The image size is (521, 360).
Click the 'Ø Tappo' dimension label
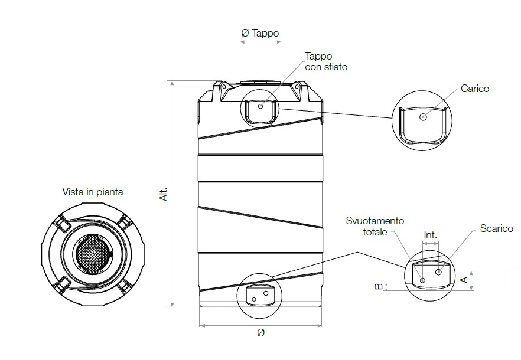(x=260, y=33)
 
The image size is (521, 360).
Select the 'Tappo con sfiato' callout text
(x=325, y=61)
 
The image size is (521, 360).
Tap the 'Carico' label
(x=475, y=89)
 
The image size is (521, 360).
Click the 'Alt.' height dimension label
(x=164, y=195)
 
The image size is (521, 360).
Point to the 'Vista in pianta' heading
(x=93, y=192)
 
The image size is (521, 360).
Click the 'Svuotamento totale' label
(x=375, y=226)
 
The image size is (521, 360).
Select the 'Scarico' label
(x=496, y=228)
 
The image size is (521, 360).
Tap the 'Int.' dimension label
(x=431, y=235)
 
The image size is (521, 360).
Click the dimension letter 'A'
(x=464, y=277)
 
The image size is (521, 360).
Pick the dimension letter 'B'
(x=377, y=287)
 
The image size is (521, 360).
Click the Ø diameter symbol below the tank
(x=260, y=333)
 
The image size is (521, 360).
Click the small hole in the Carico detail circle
(x=422, y=117)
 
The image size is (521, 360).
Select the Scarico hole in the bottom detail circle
(x=438, y=272)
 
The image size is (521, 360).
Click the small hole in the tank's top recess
(x=260, y=107)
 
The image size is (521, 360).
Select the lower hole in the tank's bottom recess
(x=254, y=300)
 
